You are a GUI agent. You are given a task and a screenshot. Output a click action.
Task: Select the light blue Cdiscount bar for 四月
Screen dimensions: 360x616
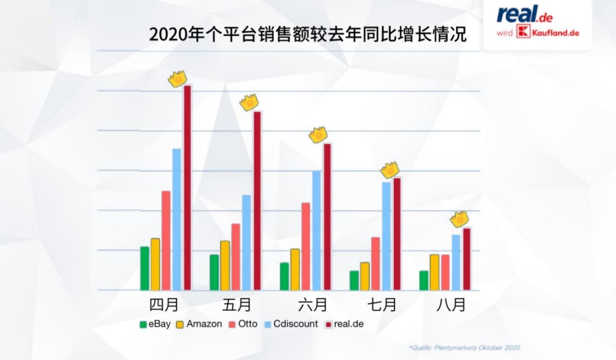(177, 219)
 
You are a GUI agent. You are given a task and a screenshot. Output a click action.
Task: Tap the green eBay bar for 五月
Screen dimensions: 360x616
(214, 272)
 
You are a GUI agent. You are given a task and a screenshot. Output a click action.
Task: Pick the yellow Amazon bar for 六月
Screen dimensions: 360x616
(295, 269)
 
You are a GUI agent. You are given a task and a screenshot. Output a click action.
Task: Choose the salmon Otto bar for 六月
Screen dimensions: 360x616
(306, 246)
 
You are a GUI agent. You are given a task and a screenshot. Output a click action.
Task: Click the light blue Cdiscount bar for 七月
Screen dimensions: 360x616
(386, 236)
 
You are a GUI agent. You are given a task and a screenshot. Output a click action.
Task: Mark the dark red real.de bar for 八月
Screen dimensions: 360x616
(467, 259)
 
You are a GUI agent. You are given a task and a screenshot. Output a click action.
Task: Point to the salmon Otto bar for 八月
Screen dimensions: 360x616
(445, 272)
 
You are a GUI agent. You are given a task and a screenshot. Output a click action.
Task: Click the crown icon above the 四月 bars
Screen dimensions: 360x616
(178, 79)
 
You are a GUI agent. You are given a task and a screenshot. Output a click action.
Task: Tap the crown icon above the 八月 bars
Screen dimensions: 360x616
(459, 219)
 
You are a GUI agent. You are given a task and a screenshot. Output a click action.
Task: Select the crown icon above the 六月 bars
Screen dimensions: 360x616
(318, 135)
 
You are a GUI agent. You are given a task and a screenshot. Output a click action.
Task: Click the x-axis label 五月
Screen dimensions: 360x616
(237, 305)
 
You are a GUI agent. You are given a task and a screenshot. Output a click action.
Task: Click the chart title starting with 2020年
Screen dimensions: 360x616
(307, 34)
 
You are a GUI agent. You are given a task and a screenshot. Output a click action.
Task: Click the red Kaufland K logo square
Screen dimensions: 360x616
(522, 33)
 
